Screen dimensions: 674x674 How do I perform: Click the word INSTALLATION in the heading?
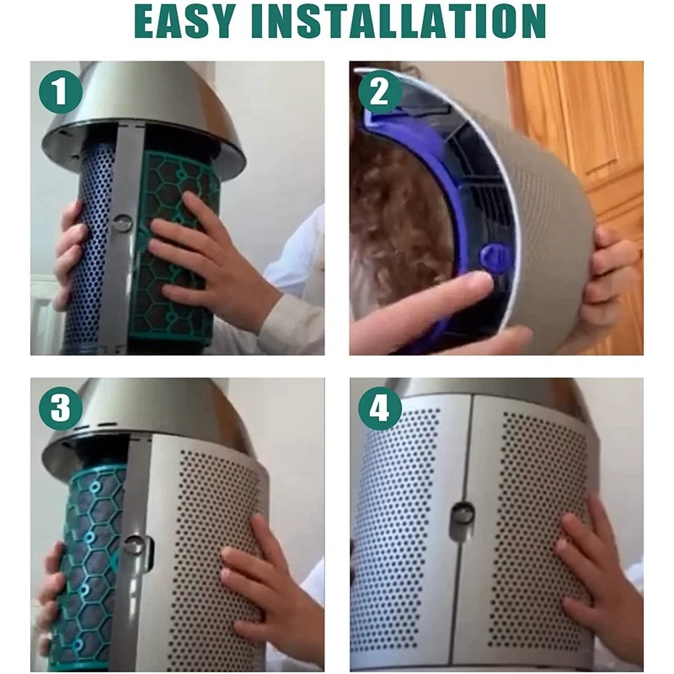pyautogui.click(x=419, y=24)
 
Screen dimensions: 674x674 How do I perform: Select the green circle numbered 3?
pyautogui.click(x=60, y=409)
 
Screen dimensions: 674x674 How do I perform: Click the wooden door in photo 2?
pyautogui.click(x=581, y=126)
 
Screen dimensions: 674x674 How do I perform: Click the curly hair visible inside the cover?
pyautogui.click(x=388, y=211)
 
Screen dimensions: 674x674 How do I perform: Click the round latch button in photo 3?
pyautogui.click(x=132, y=544)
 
